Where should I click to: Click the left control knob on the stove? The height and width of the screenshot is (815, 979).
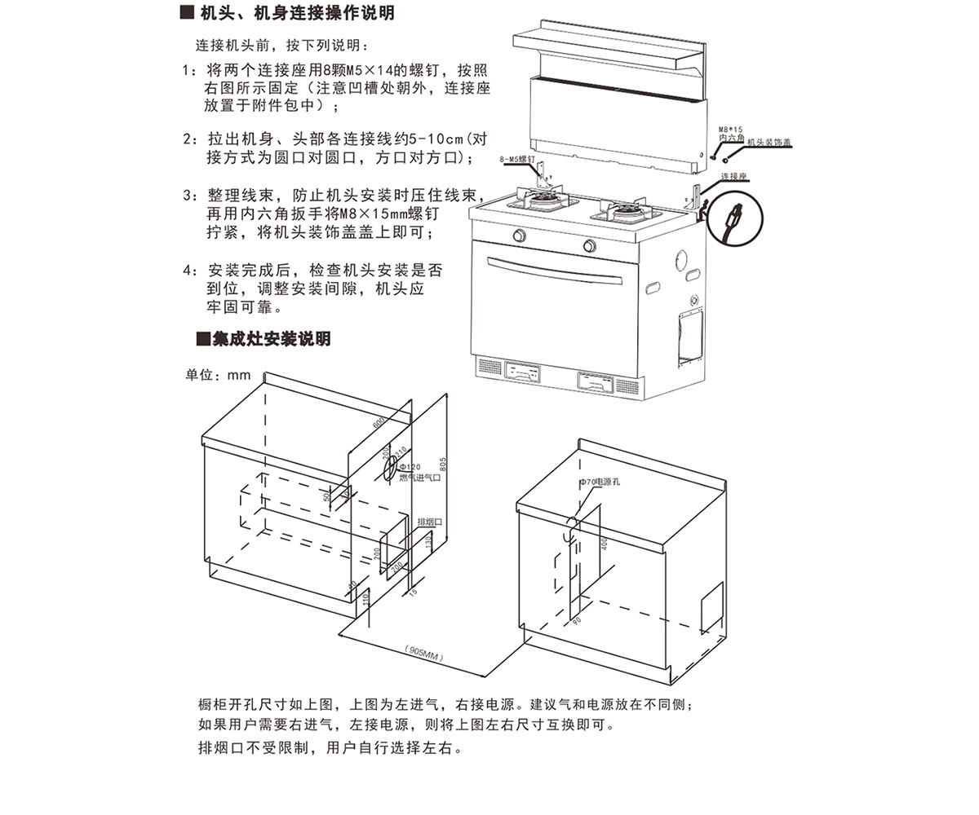[x=518, y=236]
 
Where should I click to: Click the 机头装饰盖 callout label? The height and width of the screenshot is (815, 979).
[x=769, y=142]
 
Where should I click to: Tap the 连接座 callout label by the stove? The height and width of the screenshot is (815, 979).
[x=734, y=175]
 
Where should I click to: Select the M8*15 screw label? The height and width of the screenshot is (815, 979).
[x=730, y=130]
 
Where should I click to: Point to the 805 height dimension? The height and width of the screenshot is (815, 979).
[x=444, y=464]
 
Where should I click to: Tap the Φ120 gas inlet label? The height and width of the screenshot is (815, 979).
[x=410, y=467]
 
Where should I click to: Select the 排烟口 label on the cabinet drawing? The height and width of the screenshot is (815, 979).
[x=429, y=522]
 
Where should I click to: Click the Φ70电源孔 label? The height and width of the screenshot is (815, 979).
[x=600, y=482]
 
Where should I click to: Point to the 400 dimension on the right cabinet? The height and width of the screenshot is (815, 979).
[x=605, y=544]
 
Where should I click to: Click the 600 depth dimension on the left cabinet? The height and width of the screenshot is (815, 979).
[x=379, y=423]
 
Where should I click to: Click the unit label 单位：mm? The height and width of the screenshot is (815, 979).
[x=218, y=375]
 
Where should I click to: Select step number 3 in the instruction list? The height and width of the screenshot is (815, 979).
[x=189, y=196]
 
